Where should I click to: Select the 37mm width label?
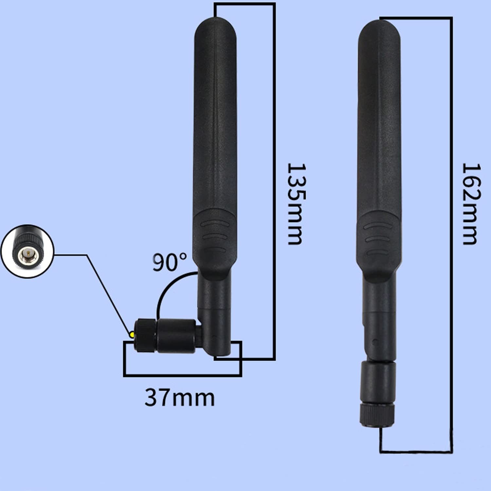(180, 397)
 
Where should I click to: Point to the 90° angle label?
(170, 262)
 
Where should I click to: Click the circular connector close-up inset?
(27, 251)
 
